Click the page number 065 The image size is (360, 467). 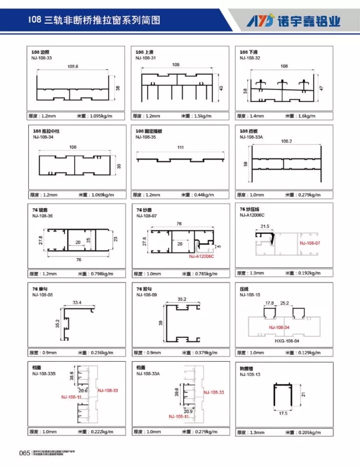point(24,452)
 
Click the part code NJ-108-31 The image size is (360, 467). point(145,58)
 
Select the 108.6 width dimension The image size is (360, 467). point(73,67)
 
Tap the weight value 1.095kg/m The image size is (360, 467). point(102,116)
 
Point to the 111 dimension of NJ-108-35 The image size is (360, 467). point(181,148)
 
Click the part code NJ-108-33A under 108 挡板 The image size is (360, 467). point(251,136)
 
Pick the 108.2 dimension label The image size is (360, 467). point(286,141)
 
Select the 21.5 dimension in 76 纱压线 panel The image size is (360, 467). point(264,226)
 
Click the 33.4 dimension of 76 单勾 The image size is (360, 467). point(77,303)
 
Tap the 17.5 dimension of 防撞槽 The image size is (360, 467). point(283,413)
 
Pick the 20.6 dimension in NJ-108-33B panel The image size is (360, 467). point(84,391)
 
